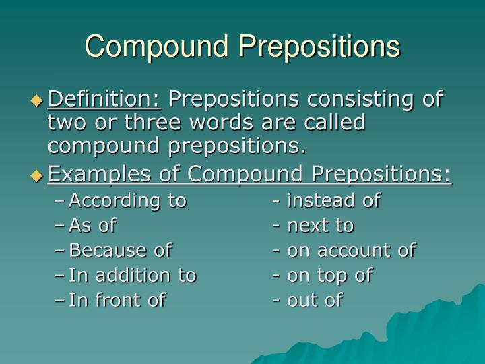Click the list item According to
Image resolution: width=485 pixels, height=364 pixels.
[x=128, y=200]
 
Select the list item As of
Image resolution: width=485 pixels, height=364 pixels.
[x=93, y=225]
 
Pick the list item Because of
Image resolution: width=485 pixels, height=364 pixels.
[x=121, y=251]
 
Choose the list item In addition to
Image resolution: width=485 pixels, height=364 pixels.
[x=133, y=276]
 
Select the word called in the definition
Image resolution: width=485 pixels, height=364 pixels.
[x=335, y=123]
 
